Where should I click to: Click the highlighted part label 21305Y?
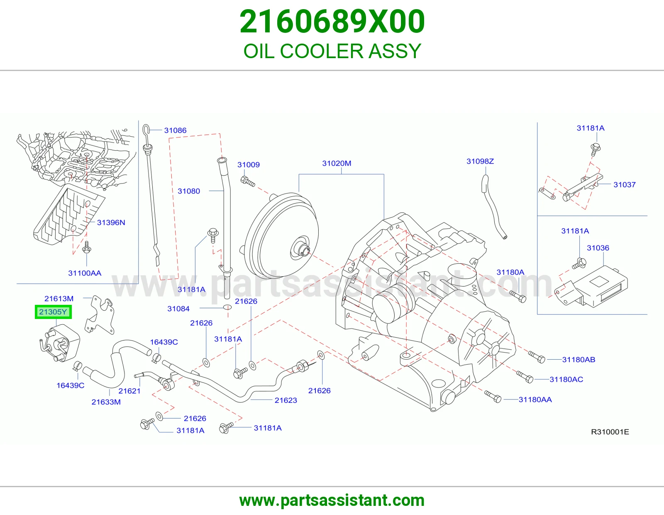(x=53, y=312)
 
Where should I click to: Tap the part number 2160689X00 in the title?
(x=332, y=22)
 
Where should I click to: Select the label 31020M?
(x=337, y=163)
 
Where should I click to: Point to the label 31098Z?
(x=480, y=161)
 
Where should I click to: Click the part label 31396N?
(x=111, y=222)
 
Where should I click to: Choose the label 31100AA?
(x=85, y=273)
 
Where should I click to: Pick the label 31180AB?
(x=579, y=360)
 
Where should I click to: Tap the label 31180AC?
(x=566, y=380)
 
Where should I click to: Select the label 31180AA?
(x=535, y=400)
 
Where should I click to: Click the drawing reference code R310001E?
(x=610, y=432)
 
